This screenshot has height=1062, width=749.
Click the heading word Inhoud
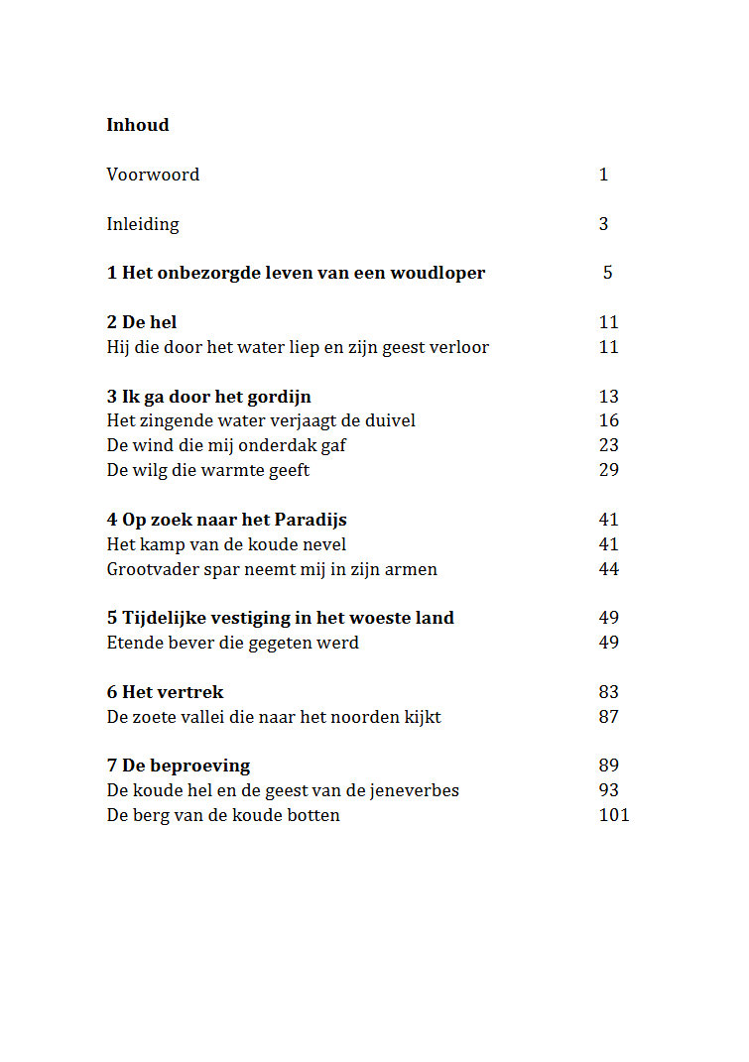(x=138, y=125)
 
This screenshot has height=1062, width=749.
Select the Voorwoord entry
(x=153, y=175)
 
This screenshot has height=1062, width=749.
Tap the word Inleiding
(x=143, y=224)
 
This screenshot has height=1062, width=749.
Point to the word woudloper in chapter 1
(x=438, y=273)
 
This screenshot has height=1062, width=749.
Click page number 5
(x=607, y=273)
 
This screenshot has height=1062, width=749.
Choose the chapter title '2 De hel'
(x=142, y=322)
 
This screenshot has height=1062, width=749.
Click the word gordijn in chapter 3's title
(x=279, y=397)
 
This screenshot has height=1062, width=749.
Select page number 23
(x=609, y=445)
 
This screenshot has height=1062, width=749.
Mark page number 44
(x=609, y=569)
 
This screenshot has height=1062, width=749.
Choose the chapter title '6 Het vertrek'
(x=165, y=692)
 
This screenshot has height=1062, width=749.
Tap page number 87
(x=609, y=717)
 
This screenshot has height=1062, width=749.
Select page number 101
(x=614, y=815)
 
